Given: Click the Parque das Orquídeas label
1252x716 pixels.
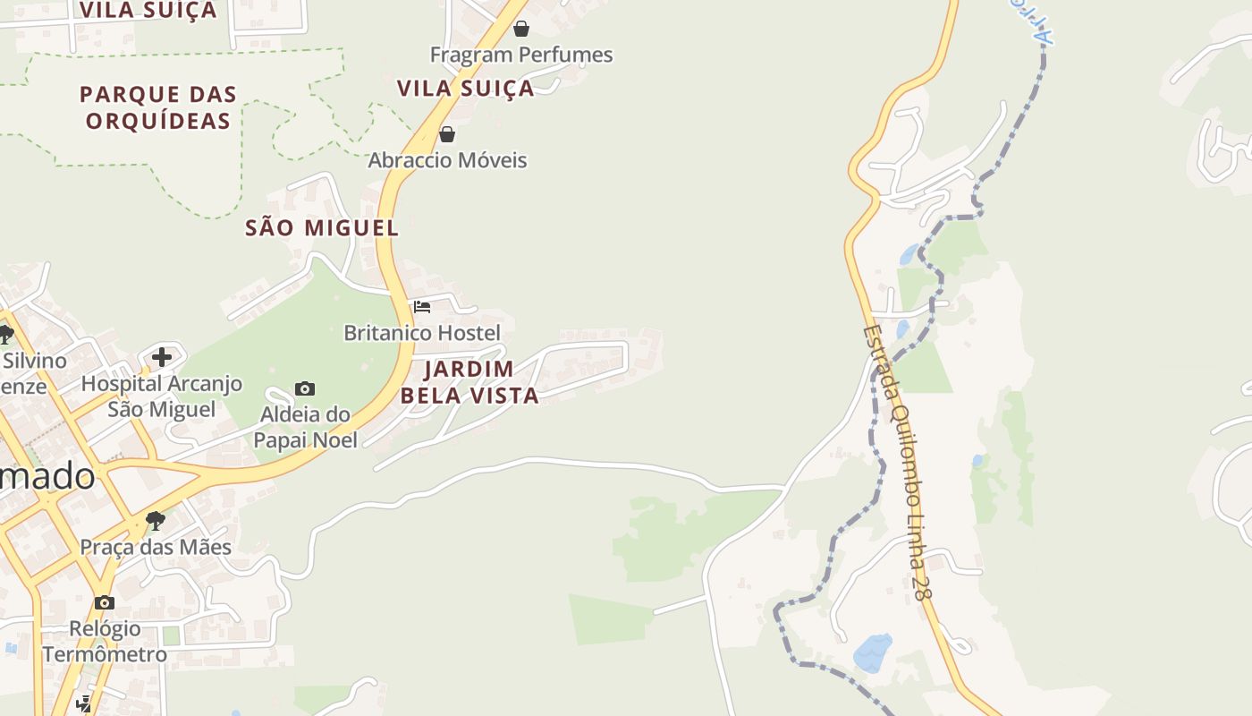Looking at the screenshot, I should pos(158,107).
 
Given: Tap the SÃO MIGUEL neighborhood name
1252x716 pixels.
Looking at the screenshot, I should pos(322,228).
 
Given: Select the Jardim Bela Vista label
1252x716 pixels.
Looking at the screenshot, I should pos(469,382).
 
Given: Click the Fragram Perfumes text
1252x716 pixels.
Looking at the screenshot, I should pos(521,55).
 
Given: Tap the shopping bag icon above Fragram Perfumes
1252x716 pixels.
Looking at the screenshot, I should pos(521,29).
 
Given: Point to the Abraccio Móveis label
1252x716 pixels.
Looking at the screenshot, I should pos(447,160).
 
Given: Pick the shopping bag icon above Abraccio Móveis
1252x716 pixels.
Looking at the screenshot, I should pos(447,134).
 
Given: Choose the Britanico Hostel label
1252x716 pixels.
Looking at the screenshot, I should pos(422,333).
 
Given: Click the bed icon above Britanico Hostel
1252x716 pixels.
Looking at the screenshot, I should pos(422,307).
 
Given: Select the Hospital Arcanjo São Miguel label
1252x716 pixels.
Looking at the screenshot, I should pos(162,396).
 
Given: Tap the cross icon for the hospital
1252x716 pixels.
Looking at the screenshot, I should pos(162,357).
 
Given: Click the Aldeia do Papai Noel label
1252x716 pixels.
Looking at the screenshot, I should pos(305,427).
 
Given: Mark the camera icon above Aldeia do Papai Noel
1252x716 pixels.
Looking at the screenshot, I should pos(305,388).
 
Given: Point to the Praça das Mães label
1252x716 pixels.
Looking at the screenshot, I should pos(156,547).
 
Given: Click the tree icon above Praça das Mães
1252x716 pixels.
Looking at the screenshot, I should pos(156,520).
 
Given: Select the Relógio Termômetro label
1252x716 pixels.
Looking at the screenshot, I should pos(105,641).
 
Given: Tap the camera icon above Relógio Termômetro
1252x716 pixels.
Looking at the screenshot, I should pos(105,602).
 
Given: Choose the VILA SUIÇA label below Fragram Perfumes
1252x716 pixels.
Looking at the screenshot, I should pos(465,89).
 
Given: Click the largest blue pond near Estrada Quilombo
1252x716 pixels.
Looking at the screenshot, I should pos(873,653).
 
